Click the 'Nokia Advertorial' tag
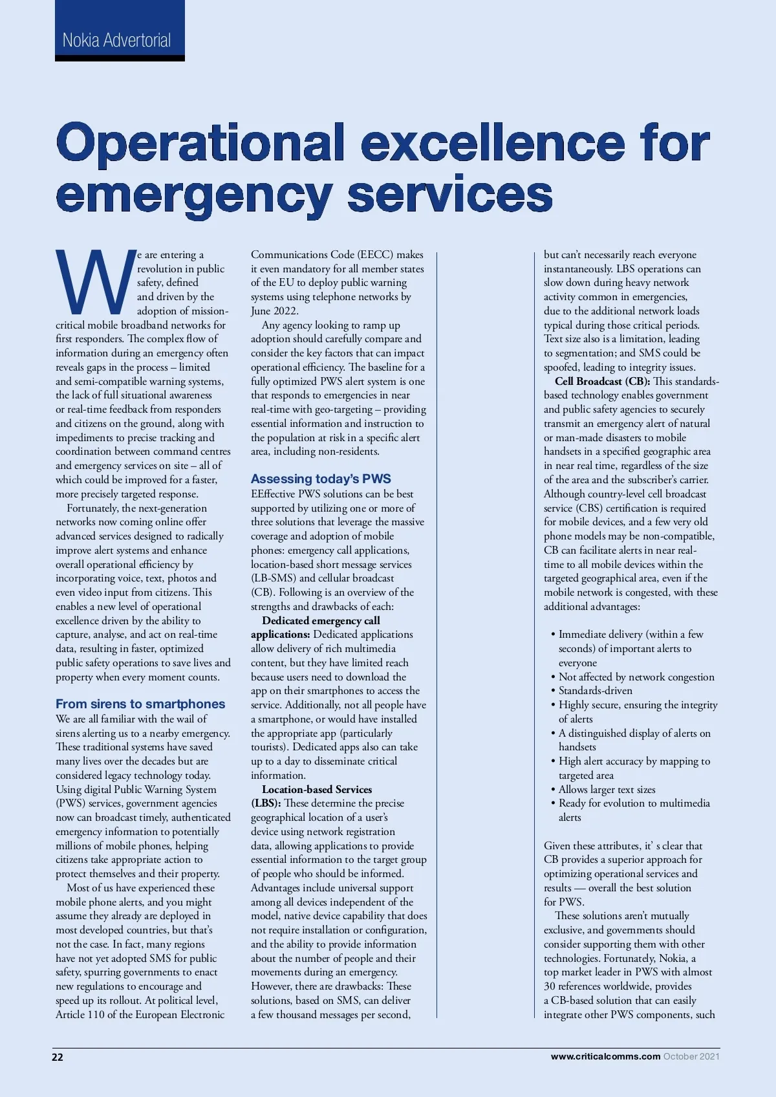point(117,40)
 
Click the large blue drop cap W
point(95,282)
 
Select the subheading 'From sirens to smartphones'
point(140,704)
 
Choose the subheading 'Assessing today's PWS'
point(321,479)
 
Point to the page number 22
point(58,1057)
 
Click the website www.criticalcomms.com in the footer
point(605,1056)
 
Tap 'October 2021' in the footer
point(691,1056)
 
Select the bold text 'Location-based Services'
point(317,789)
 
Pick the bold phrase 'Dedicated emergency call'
point(321,620)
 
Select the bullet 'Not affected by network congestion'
point(636,677)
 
